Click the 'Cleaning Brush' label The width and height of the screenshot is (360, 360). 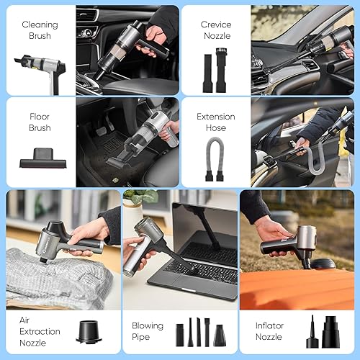coord(40,30)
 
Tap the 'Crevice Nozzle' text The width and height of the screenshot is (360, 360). coord(216,30)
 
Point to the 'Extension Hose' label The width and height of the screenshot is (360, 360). coord(216,122)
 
